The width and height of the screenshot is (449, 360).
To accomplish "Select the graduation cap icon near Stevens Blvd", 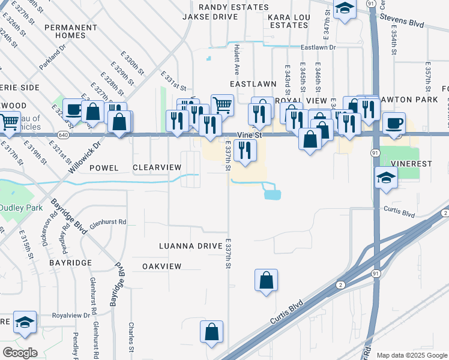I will pos(345,9).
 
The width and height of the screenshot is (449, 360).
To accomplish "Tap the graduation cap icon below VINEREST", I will pos(386,177).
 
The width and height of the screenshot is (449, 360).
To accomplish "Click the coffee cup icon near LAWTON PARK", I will pos(394,122).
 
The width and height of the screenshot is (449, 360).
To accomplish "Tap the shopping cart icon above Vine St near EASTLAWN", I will pos(222,105).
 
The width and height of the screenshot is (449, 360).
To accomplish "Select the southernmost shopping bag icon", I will pos(211,332).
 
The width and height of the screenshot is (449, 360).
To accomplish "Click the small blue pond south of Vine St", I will pos(272,193).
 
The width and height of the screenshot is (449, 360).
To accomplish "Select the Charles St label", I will pos(131,337).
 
